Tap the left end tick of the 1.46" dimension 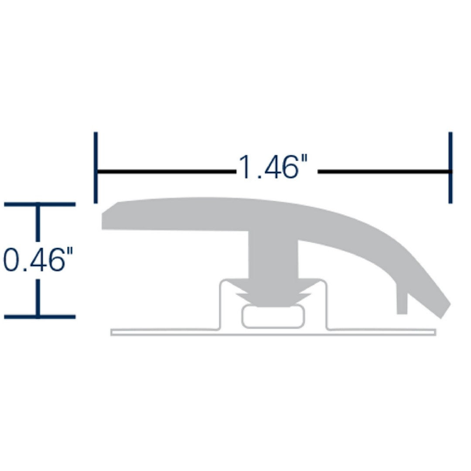pos(96,167)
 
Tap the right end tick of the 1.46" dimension pos(450,167)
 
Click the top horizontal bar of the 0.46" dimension pos(39,204)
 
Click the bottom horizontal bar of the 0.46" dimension pos(39,316)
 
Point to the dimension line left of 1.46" pos(166,172)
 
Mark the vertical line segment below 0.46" pos(38,297)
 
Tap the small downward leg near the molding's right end pos(402,299)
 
